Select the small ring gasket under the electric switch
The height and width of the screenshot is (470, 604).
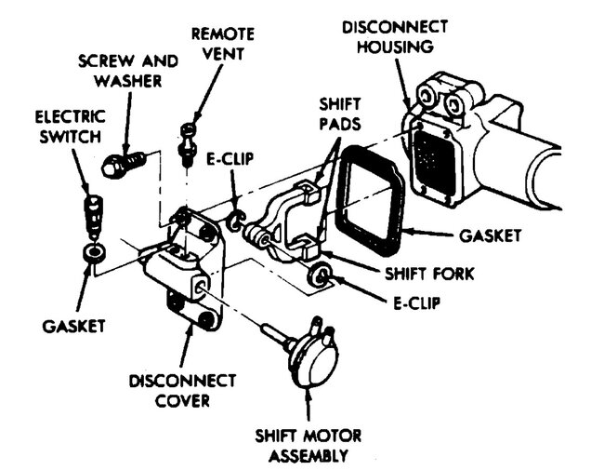click(92, 252)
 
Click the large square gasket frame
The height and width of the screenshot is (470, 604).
click(371, 198)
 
